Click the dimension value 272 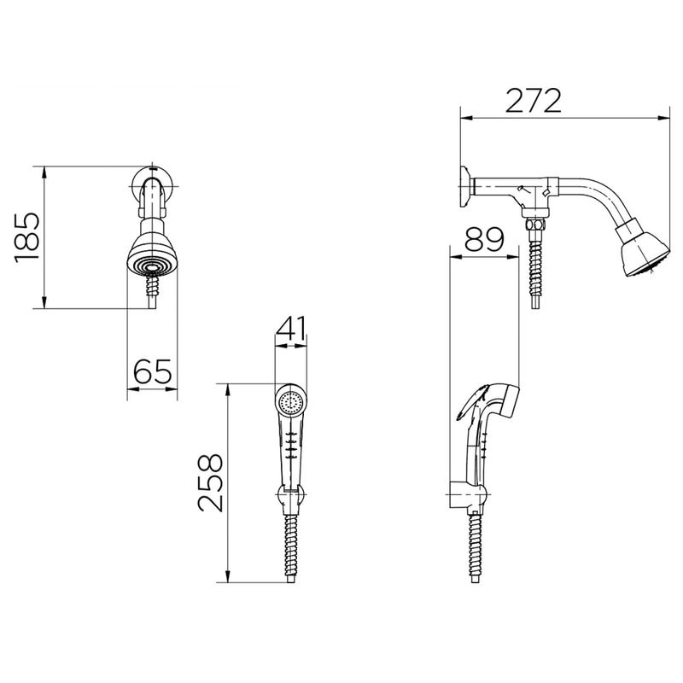tap(533, 101)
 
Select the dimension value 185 tap(27, 237)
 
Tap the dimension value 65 tap(153, 371)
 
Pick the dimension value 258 tap(210, 482)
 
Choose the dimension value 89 tap(484, 240)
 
